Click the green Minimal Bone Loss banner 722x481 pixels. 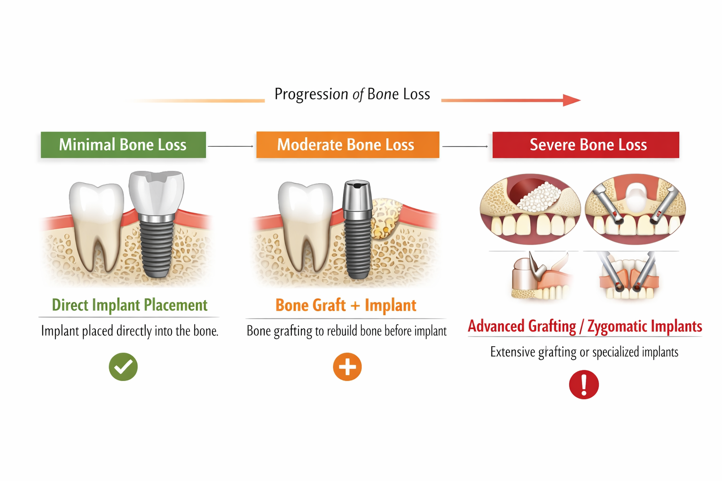(x=123, y=145)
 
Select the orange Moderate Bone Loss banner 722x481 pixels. (x=347, y=145)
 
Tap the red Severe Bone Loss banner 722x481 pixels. (x=586, y=145)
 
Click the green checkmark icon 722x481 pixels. (x=123, y=366)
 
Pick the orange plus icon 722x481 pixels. (x=347, y=366)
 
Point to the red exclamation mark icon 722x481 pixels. (x=584, y=385)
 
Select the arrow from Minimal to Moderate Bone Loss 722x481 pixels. (x=231, y=146)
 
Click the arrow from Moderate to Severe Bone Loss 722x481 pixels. (x=465, y=147)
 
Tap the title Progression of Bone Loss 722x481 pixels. (x=352, y=94)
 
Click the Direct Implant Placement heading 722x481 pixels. (x=129, y=305)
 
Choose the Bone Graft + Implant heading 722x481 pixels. (x=346, y=305)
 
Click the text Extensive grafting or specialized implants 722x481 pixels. (x=584, y=352)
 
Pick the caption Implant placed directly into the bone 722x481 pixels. (x=130, y=331)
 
